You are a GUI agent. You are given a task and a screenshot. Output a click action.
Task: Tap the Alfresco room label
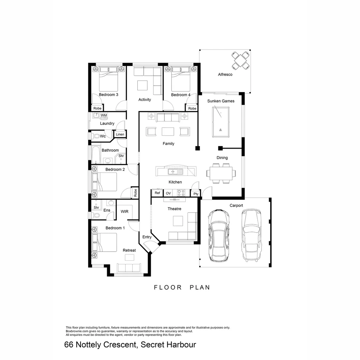(x=225, y=75)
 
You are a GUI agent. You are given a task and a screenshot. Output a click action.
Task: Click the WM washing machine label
(x=104, y=115)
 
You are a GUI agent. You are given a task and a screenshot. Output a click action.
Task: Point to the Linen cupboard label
(x=120, y=134)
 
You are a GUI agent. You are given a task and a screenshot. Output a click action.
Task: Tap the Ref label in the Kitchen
(x=157, y=193)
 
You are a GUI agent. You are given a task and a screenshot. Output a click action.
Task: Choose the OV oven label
(x=168, y=193)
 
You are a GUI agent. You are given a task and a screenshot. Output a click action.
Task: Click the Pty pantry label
(x=196, y=194)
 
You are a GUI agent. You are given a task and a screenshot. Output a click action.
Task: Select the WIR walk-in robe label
(x=125, y=211)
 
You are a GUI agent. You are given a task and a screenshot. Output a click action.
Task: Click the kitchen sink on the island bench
(x=173, y=172)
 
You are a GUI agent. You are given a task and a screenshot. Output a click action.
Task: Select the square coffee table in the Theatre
(x=178, y=221)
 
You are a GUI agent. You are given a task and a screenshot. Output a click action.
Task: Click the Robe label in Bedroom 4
(x=192, y=108)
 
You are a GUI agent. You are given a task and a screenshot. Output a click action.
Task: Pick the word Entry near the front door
(x=147, y=237)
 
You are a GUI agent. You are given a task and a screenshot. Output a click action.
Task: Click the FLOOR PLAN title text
(x=182, y=287)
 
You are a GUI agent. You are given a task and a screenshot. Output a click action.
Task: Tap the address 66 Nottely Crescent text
(x=130, y=345)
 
